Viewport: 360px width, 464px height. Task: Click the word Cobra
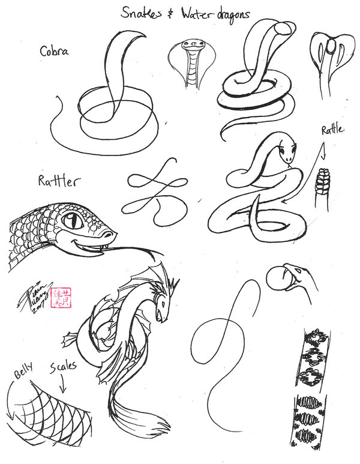pyautogui.click(x=55, y=51)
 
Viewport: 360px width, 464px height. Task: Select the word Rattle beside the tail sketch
pyautogui.click(x=333, y=130)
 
